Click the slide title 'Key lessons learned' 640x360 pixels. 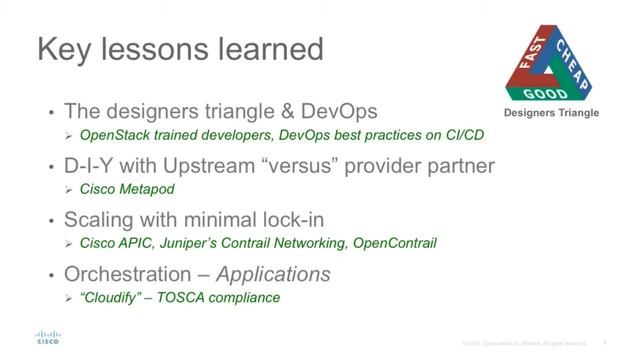click(180, 48)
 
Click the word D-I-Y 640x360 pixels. click(93, 166)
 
